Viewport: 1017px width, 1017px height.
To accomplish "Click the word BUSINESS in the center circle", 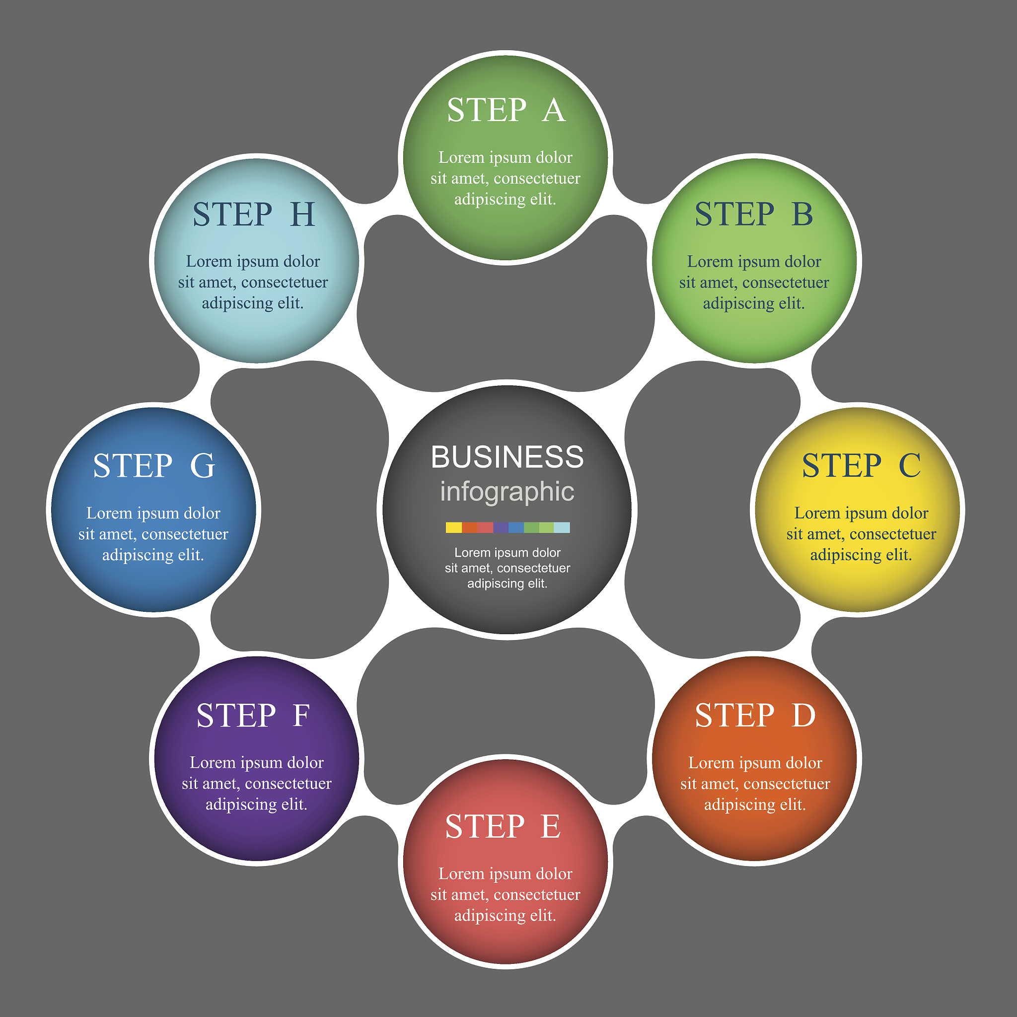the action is click(x=507, y=457).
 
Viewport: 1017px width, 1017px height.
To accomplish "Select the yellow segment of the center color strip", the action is click(x=454, y=527).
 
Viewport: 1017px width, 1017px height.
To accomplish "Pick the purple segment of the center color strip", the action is click(x=501, y=527).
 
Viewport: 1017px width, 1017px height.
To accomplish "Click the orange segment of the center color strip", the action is click(x=470, y=527).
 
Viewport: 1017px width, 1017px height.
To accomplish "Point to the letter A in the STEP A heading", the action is click(x=553, y=111).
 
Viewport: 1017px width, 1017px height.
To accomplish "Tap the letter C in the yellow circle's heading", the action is click(x=910, y=466).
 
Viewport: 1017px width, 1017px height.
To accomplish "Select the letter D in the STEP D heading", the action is click(x=804, y=716).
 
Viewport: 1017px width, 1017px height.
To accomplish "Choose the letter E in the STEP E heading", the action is click(x=551, y=826).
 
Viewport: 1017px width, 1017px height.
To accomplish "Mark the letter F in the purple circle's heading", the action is click(x=301, y=716).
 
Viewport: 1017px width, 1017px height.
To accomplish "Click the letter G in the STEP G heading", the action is click(x=203, y=466).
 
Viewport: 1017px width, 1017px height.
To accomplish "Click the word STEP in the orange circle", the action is click(x=735, y=716).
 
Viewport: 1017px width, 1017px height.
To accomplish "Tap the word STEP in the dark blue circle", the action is click(x=133, y=466).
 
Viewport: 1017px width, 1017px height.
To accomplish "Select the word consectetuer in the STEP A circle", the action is click(x=537, y=178).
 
